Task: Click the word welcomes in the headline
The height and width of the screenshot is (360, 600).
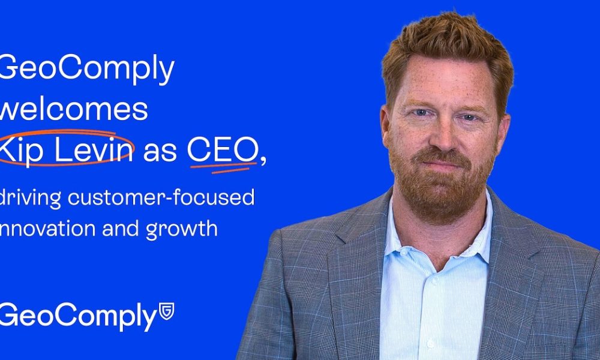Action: [x=73, y=109]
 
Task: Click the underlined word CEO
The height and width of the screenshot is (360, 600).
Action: [x=222, y=149]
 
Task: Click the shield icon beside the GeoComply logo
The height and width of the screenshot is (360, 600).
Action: [x=166, y=311]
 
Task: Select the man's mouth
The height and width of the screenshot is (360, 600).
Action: [x=442, y=163]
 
